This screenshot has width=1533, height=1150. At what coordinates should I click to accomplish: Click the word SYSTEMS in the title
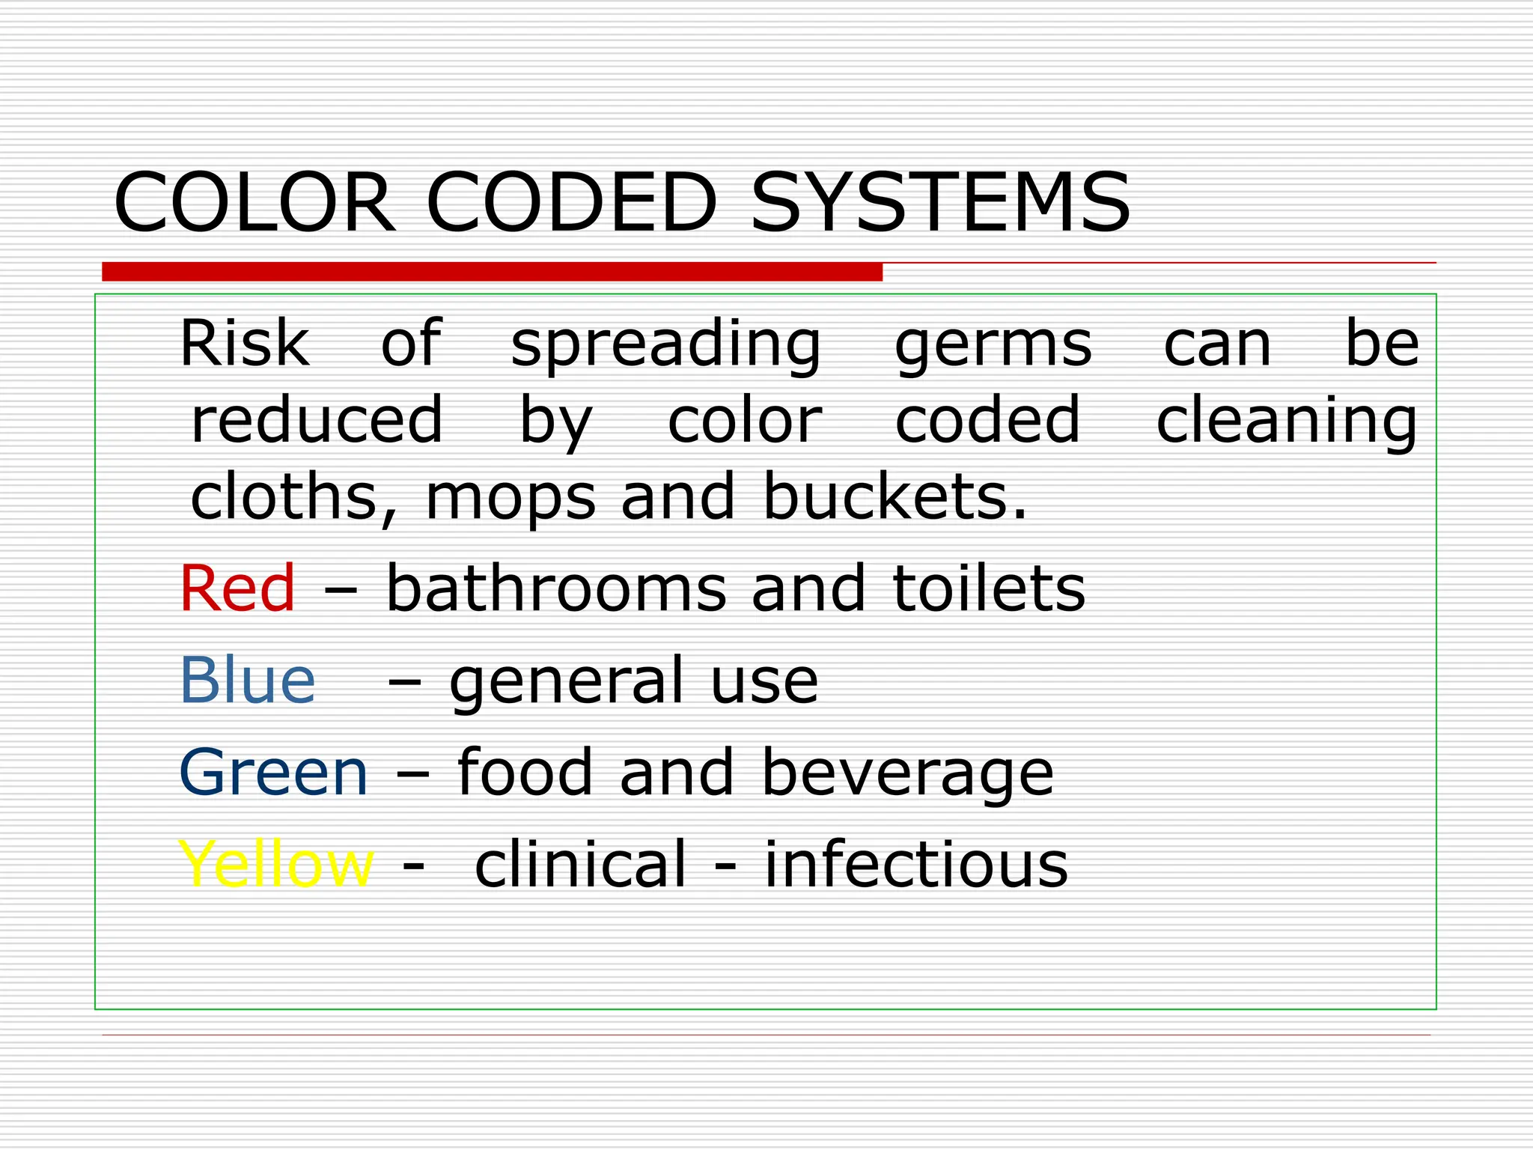(940, 203)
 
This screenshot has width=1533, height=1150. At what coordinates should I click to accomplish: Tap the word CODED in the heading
(572, 203)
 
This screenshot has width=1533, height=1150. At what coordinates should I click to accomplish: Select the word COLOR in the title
(255, 203)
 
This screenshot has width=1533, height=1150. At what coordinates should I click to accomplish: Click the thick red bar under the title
(492, 272)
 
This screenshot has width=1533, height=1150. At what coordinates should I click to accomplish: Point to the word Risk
(244, 344)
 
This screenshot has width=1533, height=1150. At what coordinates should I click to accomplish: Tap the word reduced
(317, 420)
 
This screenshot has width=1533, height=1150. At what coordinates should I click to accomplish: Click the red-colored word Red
(238, 588)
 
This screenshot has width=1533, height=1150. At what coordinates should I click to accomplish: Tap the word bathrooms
(555, 588)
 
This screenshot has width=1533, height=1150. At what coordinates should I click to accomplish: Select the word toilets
(989, 588)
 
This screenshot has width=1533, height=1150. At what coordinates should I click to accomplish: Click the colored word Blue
(247, 680)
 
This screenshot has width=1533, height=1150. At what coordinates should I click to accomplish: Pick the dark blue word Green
(274, 772)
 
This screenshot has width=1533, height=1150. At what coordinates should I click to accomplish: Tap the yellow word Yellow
(276, 864)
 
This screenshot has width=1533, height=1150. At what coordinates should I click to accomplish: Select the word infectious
(915, 864)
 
